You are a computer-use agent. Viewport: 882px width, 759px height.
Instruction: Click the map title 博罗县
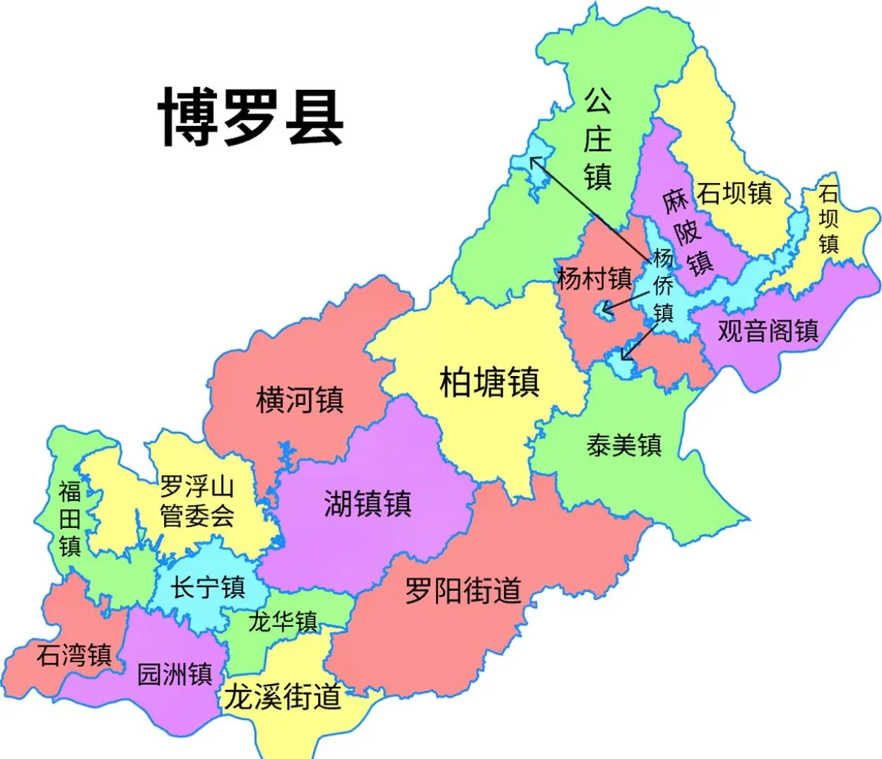point(251,117)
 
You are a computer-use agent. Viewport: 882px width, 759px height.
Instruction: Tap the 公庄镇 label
point(597,139)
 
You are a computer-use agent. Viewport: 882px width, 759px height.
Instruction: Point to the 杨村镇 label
point(594,278)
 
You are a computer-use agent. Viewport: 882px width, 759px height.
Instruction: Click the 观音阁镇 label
point(768,331)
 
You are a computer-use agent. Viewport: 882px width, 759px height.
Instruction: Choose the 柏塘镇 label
point(489,382)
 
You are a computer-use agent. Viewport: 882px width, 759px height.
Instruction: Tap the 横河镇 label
point(300,400)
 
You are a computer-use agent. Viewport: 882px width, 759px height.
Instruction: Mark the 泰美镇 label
point(624,445)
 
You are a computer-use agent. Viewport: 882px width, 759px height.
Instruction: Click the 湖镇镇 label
point(367,504)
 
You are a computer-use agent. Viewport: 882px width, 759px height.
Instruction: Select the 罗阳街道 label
point(463,590)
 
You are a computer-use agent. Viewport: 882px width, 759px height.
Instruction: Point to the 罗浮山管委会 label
point(197,501)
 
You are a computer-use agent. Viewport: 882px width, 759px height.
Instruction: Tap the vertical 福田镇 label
point(69,519)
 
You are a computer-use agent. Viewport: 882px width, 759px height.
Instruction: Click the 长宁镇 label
point(208,587)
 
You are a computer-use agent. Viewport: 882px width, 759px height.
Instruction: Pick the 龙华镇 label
point(283,622)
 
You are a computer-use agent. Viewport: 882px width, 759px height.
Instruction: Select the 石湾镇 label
point(74,655)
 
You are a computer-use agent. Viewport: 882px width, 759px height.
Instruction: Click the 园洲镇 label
point(175,674)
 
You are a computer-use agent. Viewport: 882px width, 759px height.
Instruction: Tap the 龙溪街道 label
point(283,698)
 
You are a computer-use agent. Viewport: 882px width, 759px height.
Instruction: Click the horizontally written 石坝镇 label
point(734,193)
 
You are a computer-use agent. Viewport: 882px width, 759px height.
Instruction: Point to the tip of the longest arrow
point(532,158)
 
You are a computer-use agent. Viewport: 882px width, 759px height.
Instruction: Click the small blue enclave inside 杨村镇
point(605,309)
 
